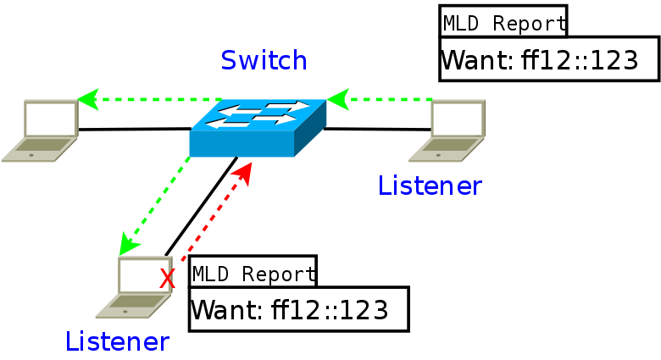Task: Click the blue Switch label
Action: tap(264, 60)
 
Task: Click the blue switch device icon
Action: tap(258, 128)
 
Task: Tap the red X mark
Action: tap(167, 279)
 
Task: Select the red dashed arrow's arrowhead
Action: tap(244, 174)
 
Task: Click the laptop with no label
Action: tap(41, 130)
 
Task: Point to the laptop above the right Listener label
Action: tap(447, 130)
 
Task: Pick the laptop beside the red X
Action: tap(134, 287)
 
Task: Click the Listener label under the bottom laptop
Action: tap(117, 341)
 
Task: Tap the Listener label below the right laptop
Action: tap(430, 186)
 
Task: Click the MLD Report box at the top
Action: tap(503, 21)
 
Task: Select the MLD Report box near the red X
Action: tap(253, 271)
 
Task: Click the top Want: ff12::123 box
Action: tap(549, 59)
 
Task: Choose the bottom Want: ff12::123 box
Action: tap(299, 309)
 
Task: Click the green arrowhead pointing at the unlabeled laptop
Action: tap(88, 99)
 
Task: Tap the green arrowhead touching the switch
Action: tap(338, 99)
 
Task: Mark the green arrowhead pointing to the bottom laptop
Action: tap(128, 245)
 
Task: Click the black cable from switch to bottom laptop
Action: tap(201, 207)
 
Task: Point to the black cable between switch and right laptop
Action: tap(378, 129)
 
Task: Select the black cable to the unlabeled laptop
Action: tap(135, 129)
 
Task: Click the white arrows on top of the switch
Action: tap(257, 114)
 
